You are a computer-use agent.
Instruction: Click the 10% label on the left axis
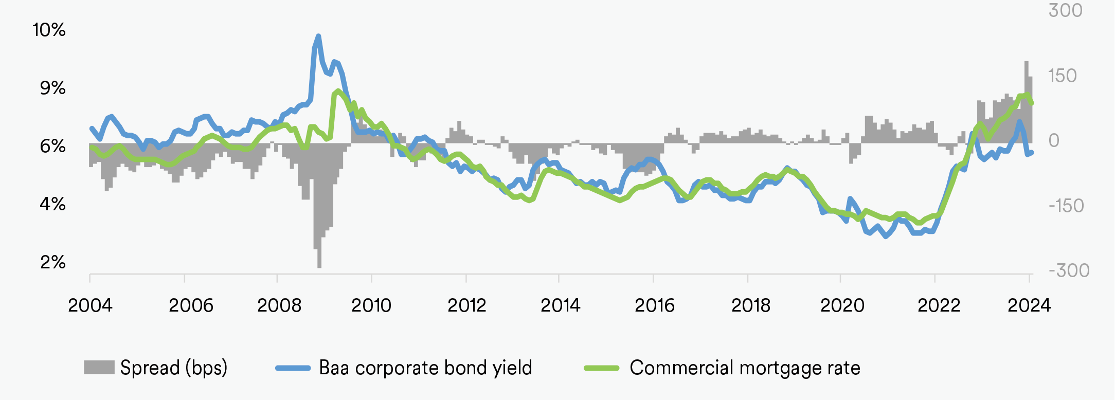tap(49, 30)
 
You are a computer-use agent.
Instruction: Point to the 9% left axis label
tap(52, 88)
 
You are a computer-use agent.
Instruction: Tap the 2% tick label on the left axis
tap(52, 262)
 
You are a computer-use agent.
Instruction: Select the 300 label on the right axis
tap(1065, 10)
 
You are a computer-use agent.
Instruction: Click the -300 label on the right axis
tap(1069, 270)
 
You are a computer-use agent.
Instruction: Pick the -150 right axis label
tap(1066, 206)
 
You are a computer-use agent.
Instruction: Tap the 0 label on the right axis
tap(1054, 140)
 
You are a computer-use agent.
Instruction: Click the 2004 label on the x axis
tap(90, 305)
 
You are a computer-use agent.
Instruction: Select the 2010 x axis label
tap(371, 305)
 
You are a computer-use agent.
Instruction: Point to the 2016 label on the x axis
tap(654, 305)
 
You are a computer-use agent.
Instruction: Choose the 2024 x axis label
tap(1029, 305)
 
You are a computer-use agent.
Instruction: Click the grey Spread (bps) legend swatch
tap(99, 367)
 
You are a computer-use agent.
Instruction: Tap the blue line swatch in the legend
tap(293, 368)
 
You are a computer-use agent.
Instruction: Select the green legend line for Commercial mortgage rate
tap(601, 368)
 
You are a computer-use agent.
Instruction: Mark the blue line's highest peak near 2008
tap(318, 36)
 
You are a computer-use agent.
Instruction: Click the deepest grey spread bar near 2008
tap(319, 257)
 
